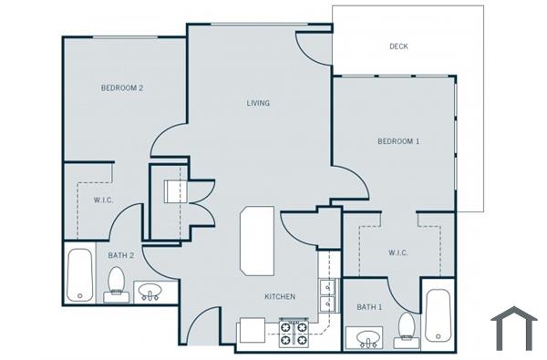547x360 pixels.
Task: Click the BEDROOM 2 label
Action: pos(122,88)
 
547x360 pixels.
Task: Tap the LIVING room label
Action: pos(258,103)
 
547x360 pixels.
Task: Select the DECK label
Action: pos(398,46)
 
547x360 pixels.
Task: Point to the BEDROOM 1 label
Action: pos(398,141)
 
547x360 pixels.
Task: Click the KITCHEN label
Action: pos(279,297)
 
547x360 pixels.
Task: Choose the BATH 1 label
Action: pos(368,307)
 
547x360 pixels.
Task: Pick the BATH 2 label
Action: pos(121,256)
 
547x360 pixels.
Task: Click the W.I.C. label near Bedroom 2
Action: pos(103,200)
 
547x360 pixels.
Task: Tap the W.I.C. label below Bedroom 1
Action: pos(398,252)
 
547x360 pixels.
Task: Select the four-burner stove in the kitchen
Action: pos(294,334)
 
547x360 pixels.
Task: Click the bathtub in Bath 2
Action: pos(79,274)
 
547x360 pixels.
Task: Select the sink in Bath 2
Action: pos(151,293)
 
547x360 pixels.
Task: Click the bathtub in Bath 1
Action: pos(439,315)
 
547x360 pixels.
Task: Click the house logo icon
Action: pos(514,328)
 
